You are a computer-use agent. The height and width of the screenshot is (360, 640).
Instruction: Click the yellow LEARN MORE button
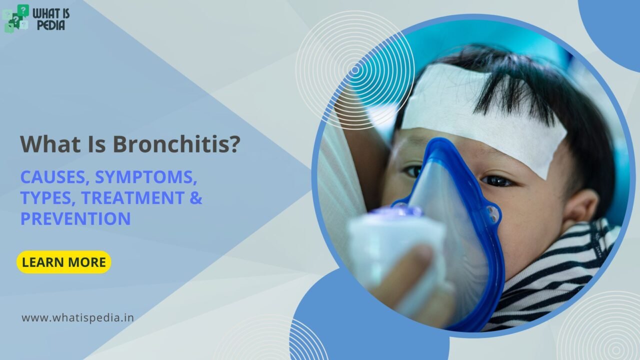point(64,262)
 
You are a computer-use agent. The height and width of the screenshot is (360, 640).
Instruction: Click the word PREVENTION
point(75,218)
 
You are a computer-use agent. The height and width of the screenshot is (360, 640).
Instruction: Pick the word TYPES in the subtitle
point(47,197)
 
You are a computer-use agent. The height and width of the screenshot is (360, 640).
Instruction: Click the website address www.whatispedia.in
point(77,317)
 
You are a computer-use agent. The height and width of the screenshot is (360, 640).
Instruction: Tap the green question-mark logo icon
point(16,18)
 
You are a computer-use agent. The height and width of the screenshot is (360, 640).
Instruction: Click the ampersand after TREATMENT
point(196,197)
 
